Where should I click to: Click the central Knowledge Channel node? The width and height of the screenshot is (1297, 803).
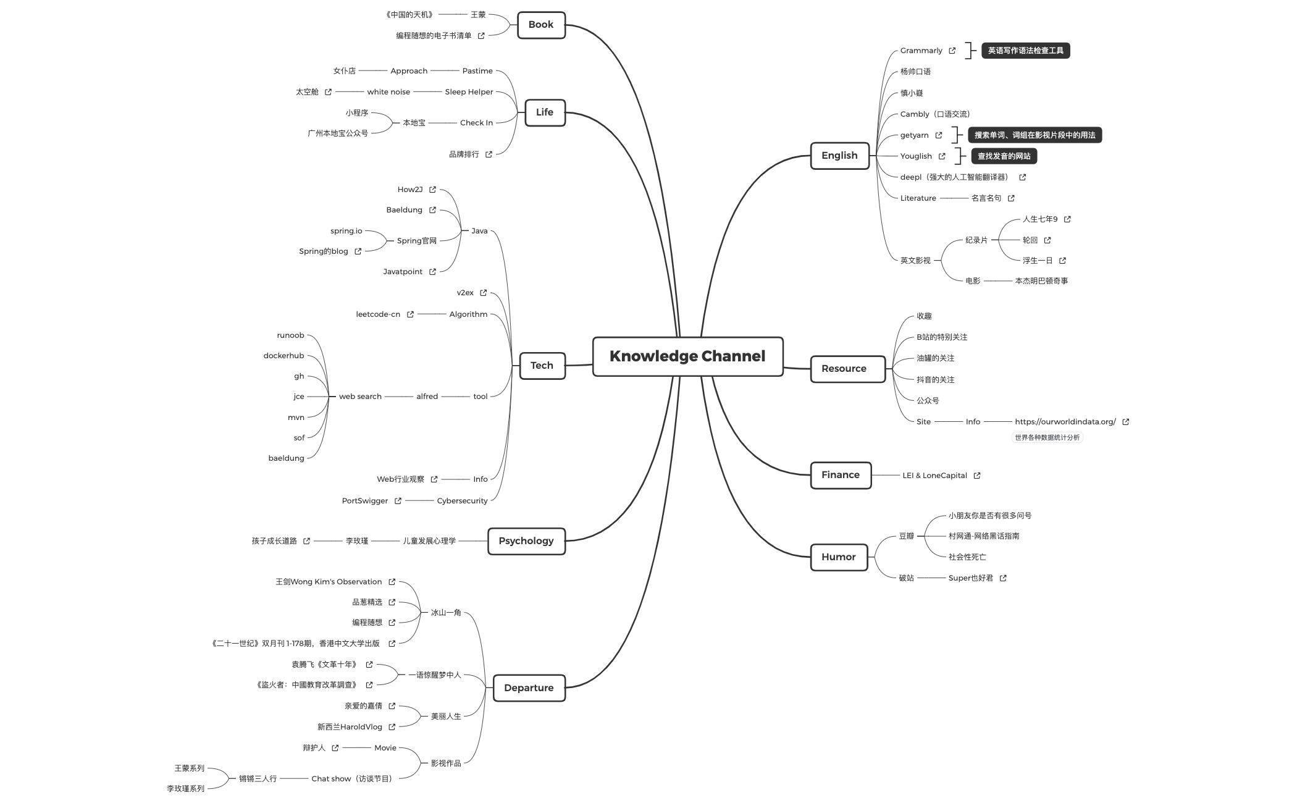[687, 356]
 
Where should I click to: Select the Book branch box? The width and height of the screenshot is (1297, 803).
[541, 25]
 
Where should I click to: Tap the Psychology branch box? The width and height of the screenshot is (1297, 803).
[526, 541]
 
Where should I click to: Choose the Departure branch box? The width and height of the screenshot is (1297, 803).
[529, 688]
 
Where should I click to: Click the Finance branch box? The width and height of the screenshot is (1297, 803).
[841, 475]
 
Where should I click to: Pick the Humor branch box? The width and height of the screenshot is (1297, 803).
[839, 557]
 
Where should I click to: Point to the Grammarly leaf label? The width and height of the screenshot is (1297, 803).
[921, 51]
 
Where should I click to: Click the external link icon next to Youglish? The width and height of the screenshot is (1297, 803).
[942, 156]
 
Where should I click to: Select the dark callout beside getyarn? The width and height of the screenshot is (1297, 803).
[1035, 135]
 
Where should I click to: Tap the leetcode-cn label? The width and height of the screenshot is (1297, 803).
[378, 314]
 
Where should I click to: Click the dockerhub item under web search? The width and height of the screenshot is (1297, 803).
[283, 356]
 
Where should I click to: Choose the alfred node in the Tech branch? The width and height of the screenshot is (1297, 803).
[427, 397]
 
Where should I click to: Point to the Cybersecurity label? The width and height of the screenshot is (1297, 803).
[462, 501]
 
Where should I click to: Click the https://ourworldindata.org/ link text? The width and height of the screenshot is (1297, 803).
[1065, 422]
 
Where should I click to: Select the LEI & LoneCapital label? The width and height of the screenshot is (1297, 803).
[934, 476]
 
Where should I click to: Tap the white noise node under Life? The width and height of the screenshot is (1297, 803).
[388, 92]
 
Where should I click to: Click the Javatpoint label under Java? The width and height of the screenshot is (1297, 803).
[403, 272]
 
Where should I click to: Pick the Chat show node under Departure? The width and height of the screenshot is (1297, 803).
[352, 779]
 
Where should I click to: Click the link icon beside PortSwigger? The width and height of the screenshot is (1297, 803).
[398, 501]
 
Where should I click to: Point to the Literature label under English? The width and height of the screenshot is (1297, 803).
[918, 198]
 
